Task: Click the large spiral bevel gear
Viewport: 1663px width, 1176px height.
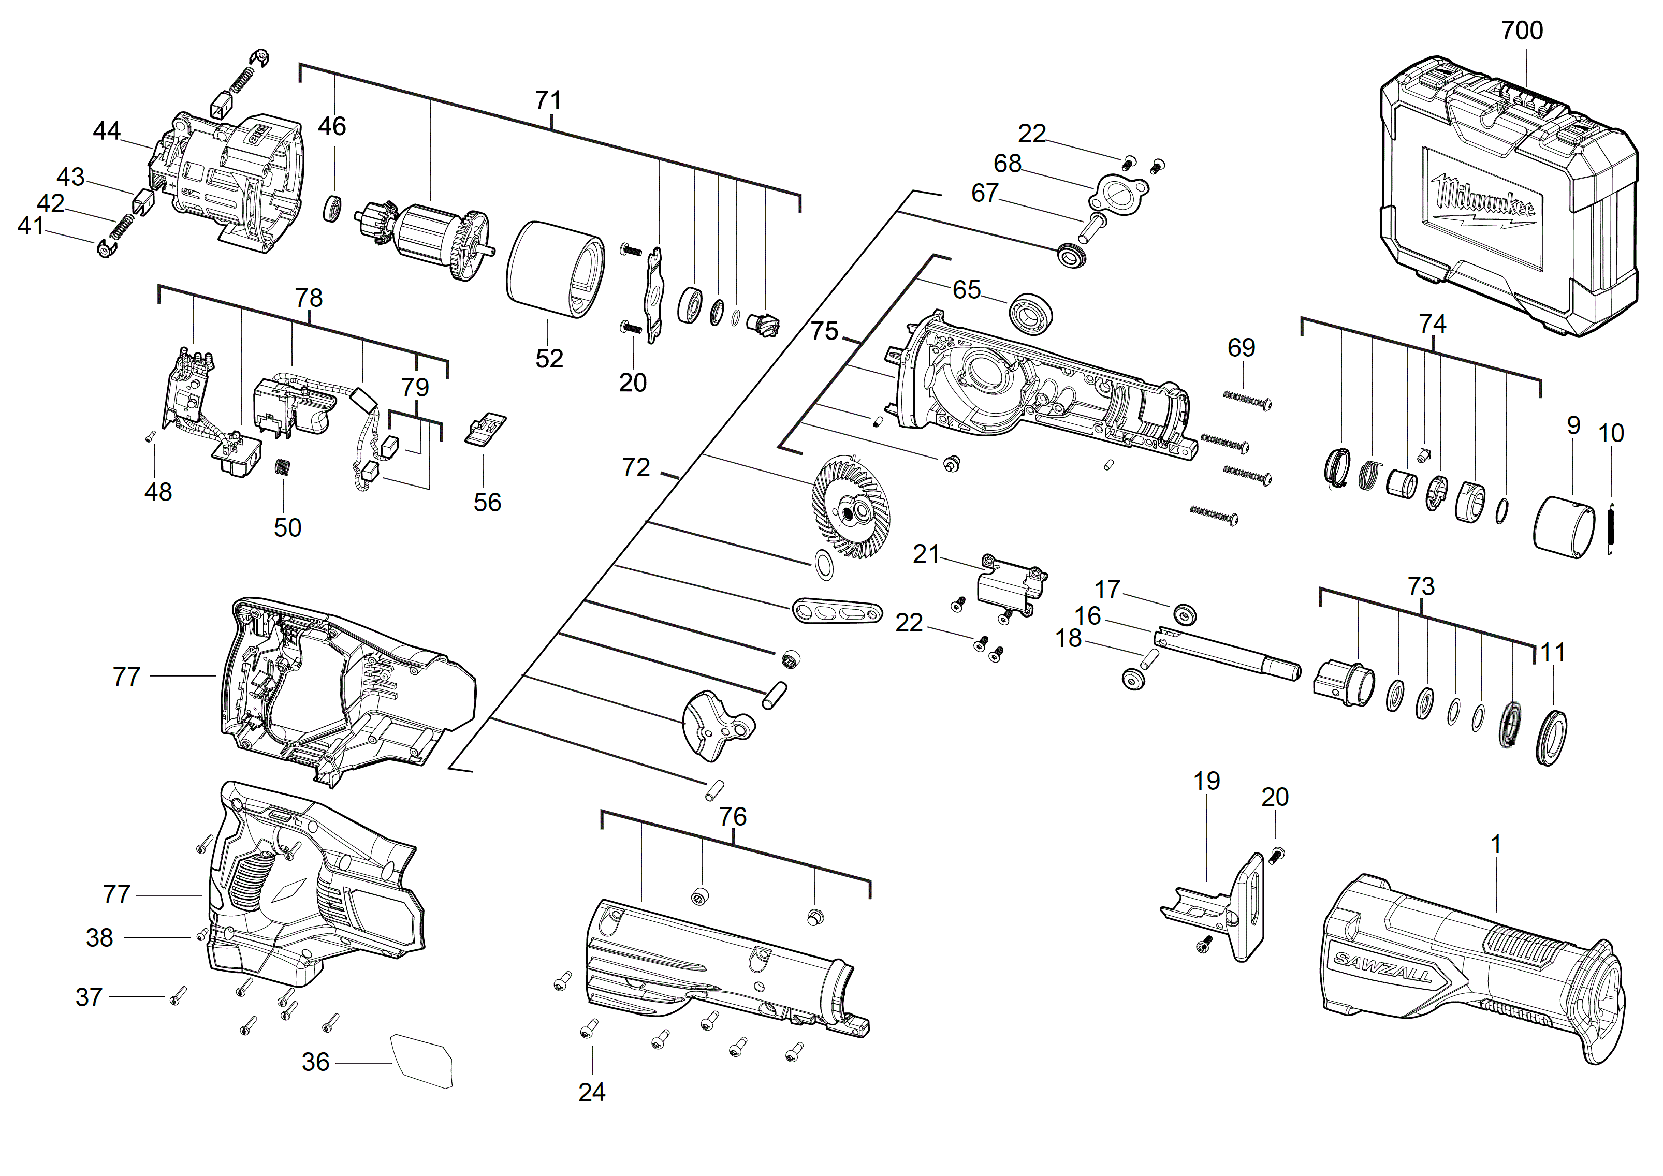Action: [x=851, y=507]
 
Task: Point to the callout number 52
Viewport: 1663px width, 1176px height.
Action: [x=549, y=359]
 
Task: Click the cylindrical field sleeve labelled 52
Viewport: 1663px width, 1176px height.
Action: [x=555, y=269]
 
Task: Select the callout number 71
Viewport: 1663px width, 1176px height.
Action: [x=548, y=100]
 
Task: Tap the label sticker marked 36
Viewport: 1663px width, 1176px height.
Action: [x=421, y=1060]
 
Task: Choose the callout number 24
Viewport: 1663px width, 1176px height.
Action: [x=592, y=1092]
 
